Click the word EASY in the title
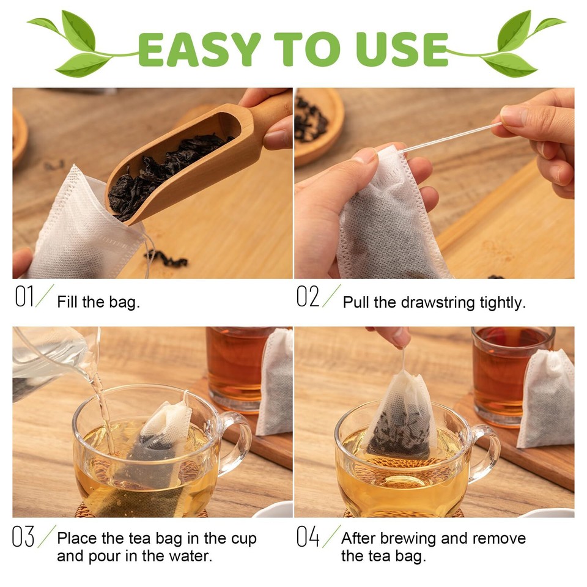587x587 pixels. (x=199, y=50)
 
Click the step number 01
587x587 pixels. (x=24, y=296)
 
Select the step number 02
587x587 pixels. (x=308, y=296)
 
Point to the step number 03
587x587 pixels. (x=23, y=536)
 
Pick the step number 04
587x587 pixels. (x=308, y=536)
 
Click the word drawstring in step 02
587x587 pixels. (x=438, y=303)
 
